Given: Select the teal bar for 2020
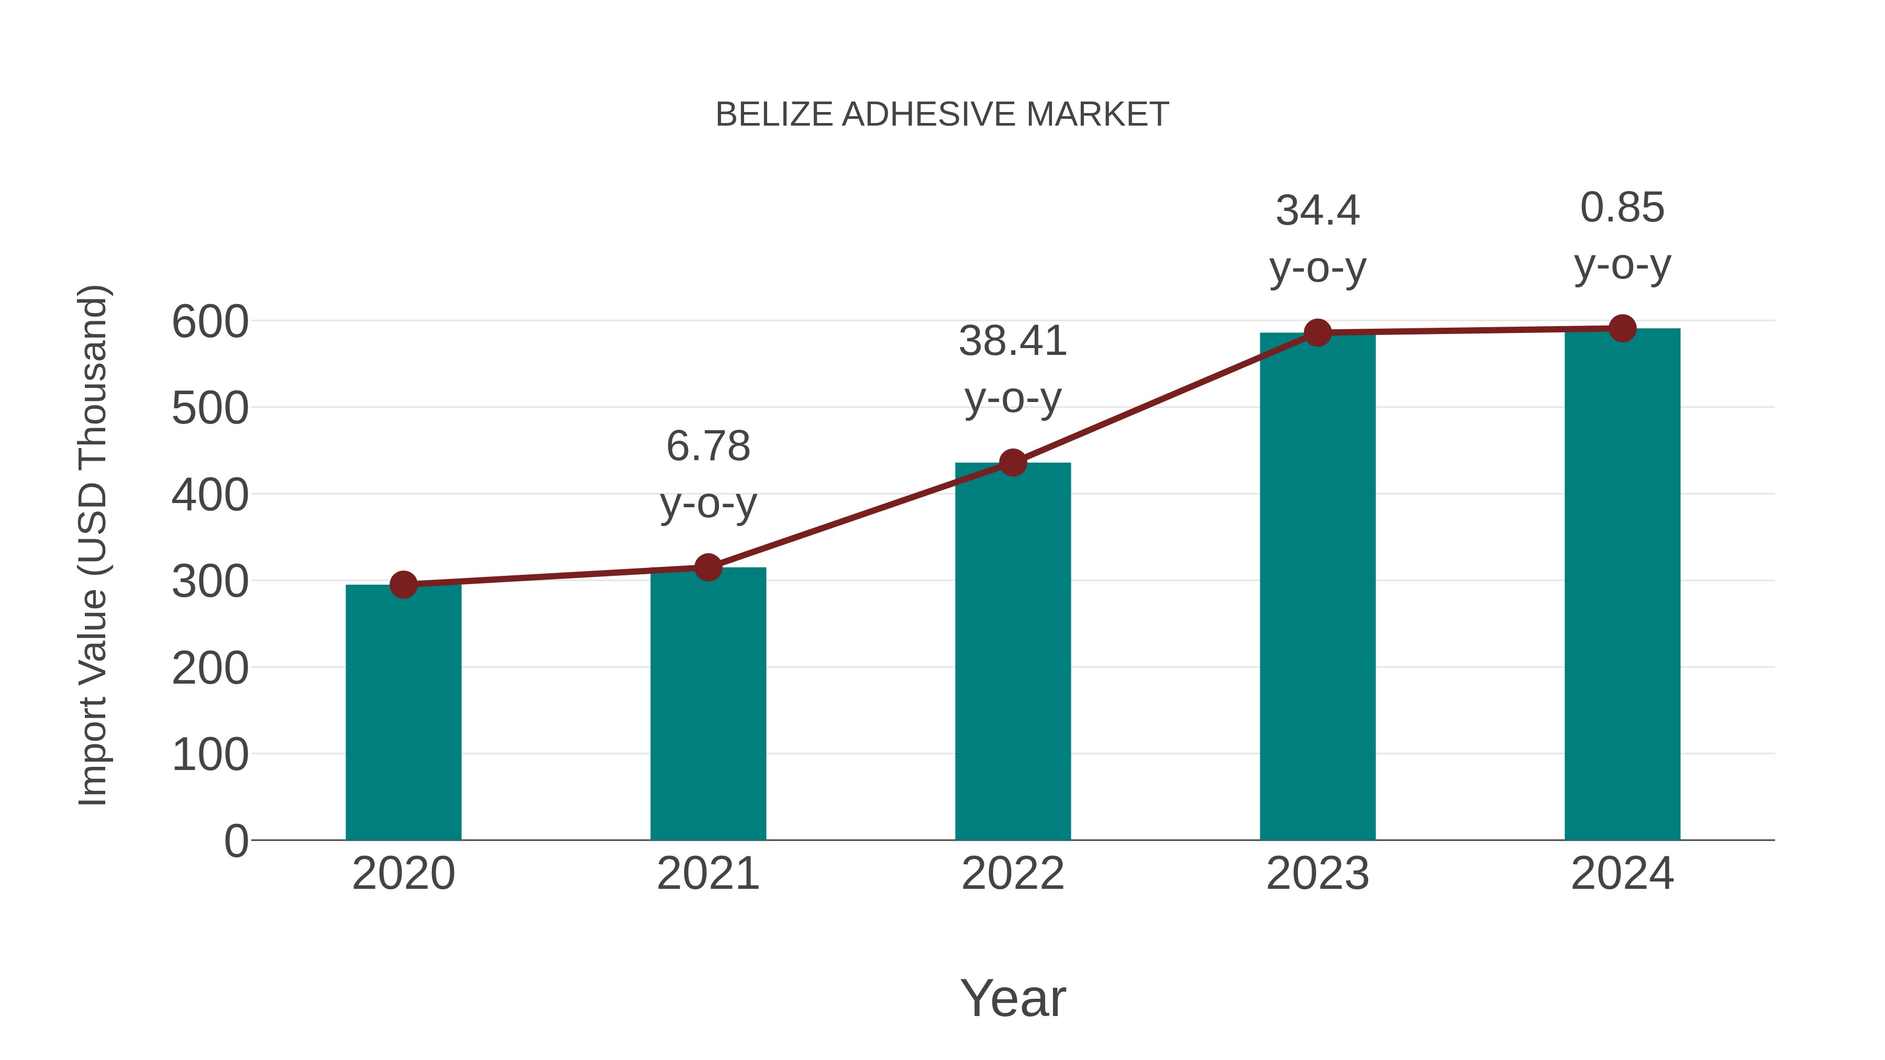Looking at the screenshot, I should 403,713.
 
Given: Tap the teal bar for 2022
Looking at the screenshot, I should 1013,651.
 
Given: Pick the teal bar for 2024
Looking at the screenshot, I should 1622,585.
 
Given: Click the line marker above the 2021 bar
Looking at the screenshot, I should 707,567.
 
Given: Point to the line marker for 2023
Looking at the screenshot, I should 1317,333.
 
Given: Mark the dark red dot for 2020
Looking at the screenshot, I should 403,585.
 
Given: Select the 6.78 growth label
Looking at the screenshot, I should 707,446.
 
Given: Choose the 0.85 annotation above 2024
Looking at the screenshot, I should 1622,208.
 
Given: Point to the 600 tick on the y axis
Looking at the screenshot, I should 210,322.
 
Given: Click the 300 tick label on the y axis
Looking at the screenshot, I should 210,582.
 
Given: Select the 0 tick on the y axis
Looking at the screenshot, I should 236,841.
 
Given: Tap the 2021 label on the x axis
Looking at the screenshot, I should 707,874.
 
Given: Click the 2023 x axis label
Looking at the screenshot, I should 1317,874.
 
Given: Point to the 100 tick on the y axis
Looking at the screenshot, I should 210,755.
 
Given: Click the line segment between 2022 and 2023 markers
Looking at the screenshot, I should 1165,398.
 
